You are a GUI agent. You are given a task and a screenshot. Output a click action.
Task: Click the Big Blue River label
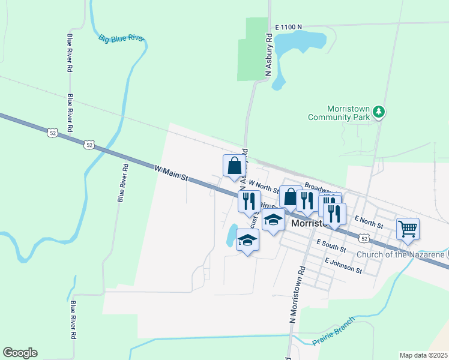click(x=121, y=38)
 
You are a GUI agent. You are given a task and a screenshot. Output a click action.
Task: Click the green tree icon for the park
click(x=378, y=111)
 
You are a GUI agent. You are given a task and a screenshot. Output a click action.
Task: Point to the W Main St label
click(x=172, y=174)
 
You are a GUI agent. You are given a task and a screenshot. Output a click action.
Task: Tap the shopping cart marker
click(x=408, y=229)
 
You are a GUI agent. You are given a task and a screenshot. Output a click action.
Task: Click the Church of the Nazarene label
click(x=400, y=254)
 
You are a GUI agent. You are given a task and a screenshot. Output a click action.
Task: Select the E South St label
click(x=331, y=245)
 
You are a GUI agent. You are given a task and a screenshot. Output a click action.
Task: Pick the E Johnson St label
click(x=343, y=266)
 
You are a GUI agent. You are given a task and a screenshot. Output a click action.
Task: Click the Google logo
click(x=20, y=353)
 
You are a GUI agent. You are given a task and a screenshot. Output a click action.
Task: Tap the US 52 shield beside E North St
click(x=364, y=238)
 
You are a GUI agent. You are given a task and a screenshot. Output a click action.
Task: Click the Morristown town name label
click(x=307, y=223)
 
